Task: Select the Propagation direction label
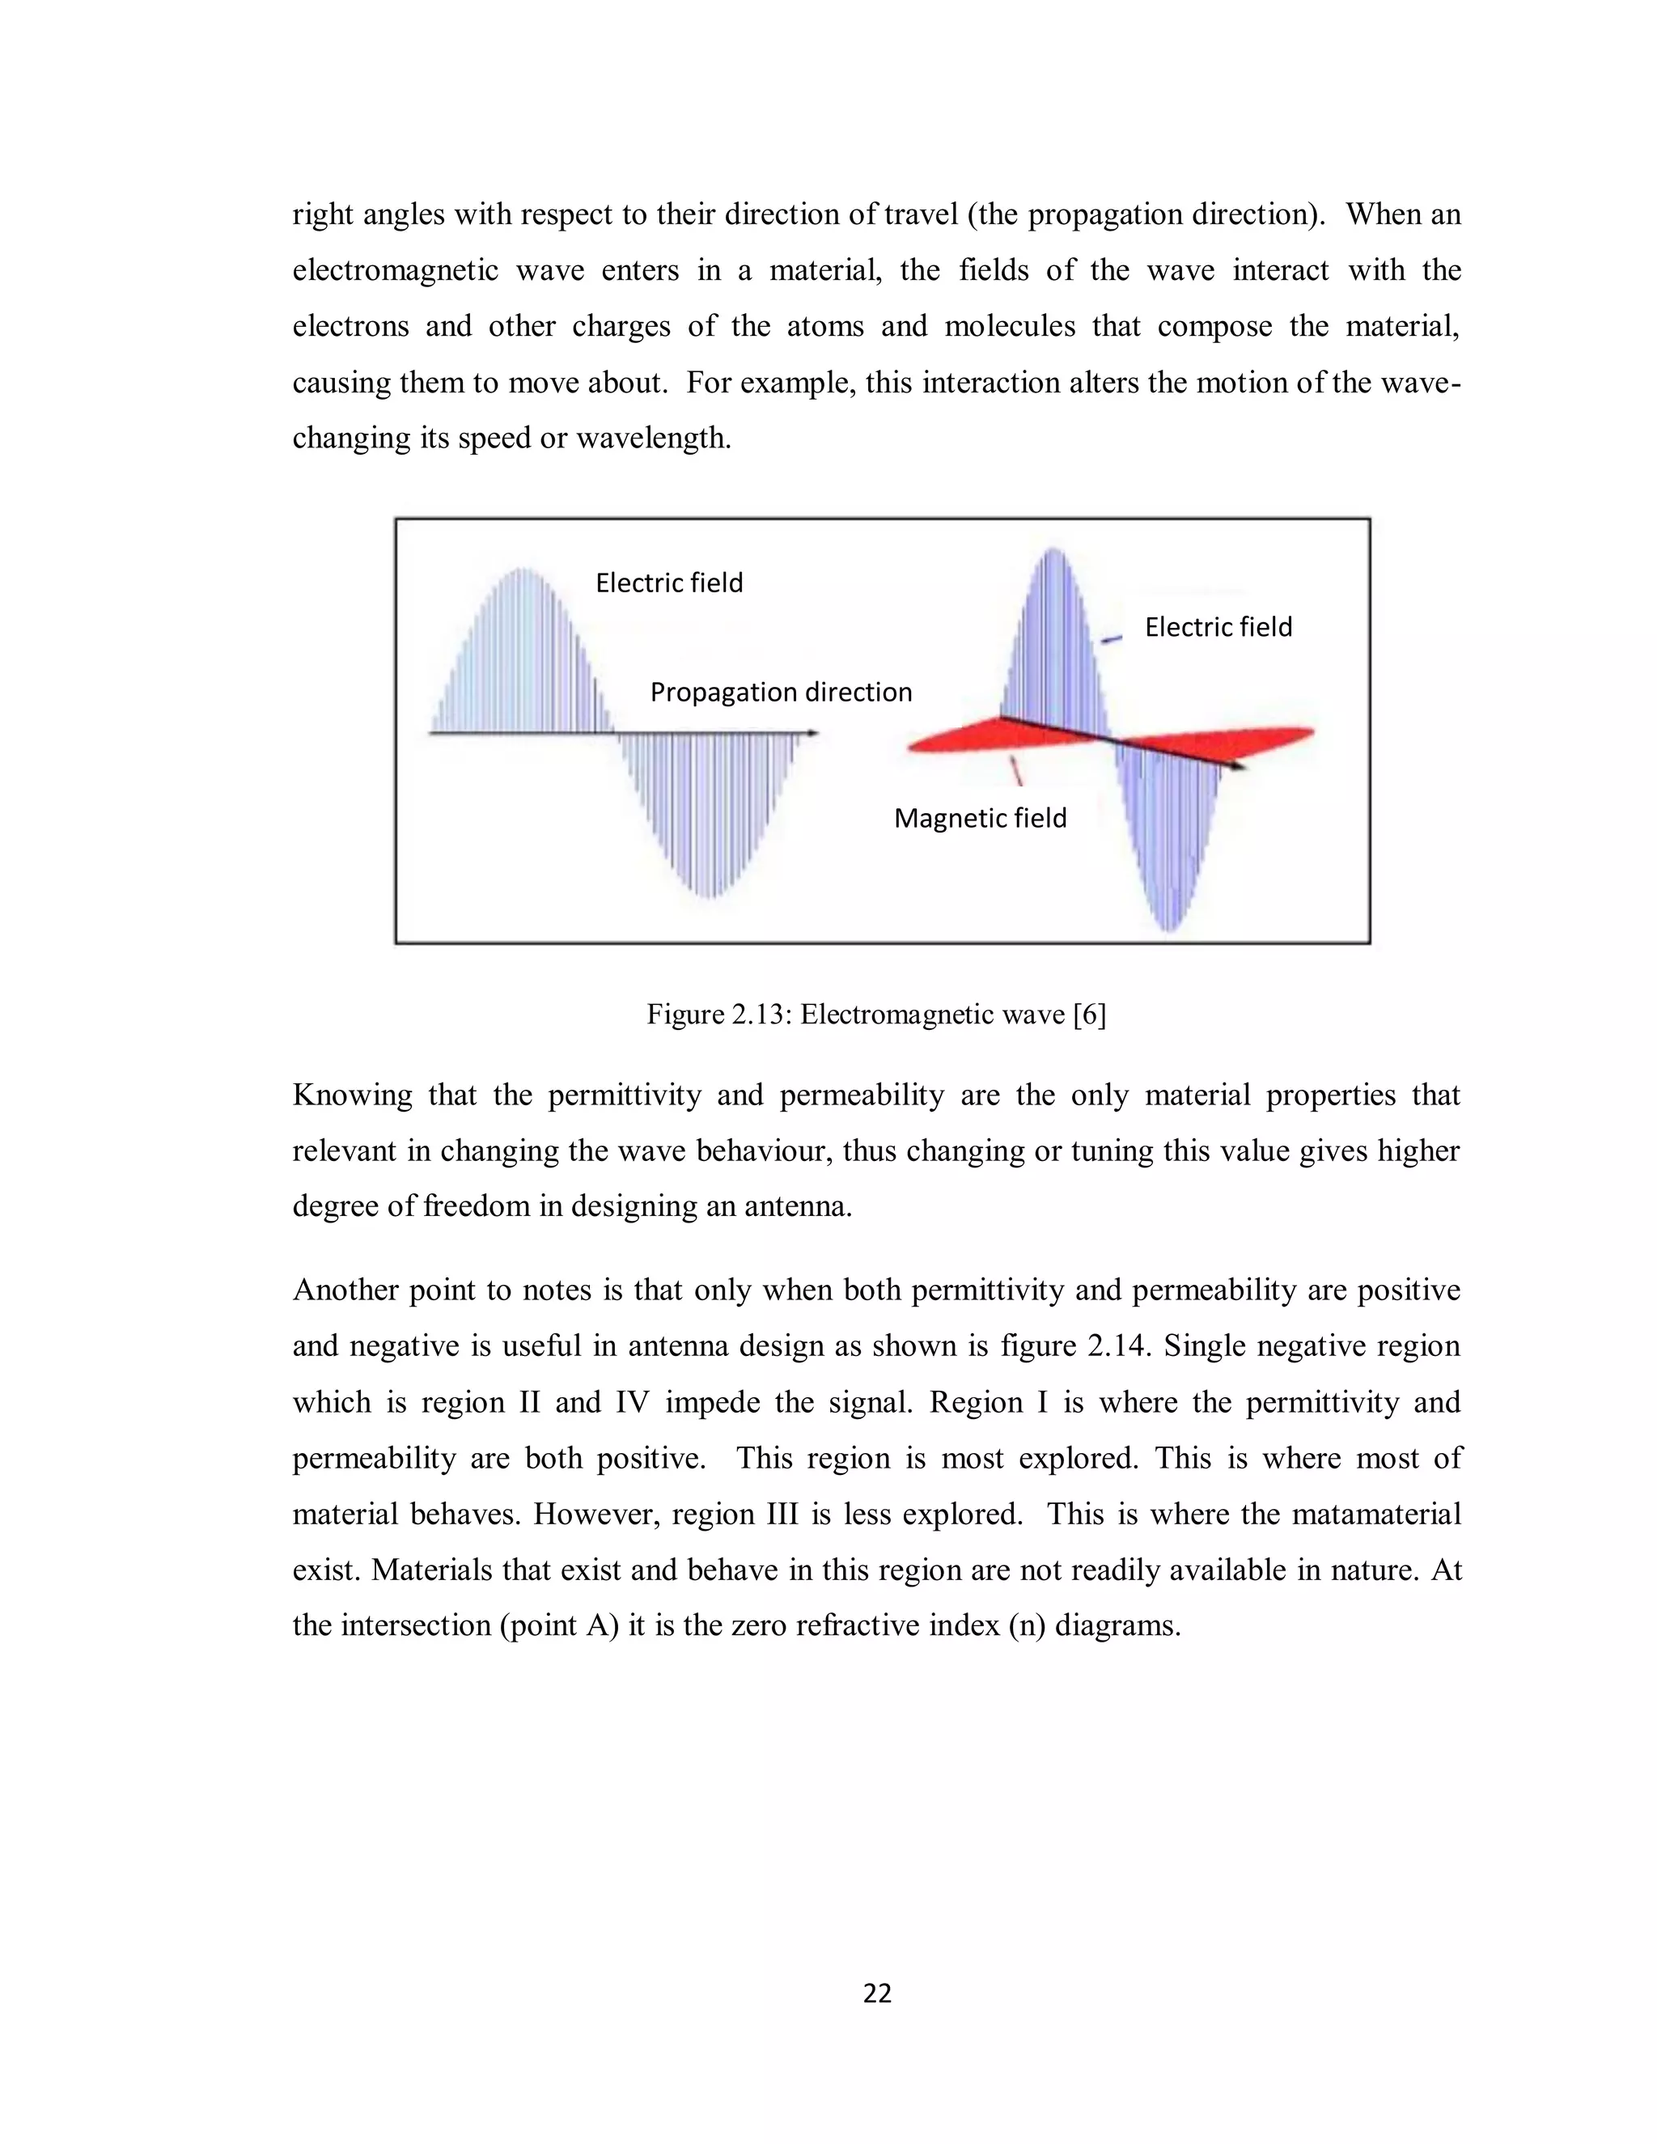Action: point(781,692)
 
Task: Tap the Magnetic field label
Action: point(980,818)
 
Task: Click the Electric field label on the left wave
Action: point(669,583)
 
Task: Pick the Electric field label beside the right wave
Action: point(1218,627)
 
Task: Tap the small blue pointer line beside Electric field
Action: point(1111,640)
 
